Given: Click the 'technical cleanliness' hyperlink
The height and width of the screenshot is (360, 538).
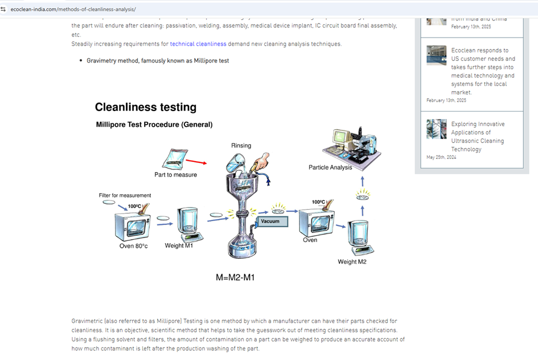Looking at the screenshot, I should pos(198,44).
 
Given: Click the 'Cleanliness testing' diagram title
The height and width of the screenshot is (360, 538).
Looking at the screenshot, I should pos(145,107).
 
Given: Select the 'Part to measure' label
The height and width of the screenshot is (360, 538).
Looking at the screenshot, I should pos(175,175).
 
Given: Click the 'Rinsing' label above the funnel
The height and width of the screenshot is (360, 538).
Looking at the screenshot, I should pos(241,146).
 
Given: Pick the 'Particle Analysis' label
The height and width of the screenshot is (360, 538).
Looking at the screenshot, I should pos(330,167).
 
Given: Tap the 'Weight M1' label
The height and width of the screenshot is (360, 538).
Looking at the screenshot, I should pos(179,246).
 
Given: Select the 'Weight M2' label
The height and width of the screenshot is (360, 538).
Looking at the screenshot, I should pos(352,262).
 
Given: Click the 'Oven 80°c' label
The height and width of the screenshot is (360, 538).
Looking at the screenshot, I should pos(133,246).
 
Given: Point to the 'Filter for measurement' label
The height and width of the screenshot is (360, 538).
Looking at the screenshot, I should pos(125,195).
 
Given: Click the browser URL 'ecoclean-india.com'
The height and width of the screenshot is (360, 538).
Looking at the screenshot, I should pos(73,10).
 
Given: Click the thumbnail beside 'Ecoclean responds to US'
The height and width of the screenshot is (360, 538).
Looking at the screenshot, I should pos(437,55).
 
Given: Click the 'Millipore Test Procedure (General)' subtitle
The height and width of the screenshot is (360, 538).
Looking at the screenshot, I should pos(154,125).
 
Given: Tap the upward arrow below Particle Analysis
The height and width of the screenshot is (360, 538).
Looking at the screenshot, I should pos(363,181).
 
